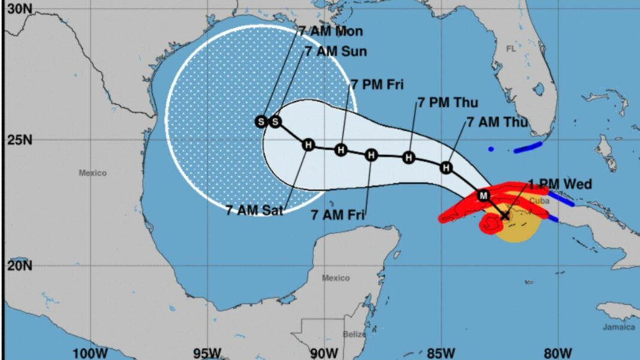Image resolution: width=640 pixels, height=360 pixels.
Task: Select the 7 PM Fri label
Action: coord(378,84)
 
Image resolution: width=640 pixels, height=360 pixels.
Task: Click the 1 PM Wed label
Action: coord(560,184)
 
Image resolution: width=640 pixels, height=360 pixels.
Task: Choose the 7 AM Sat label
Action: coord(255,210)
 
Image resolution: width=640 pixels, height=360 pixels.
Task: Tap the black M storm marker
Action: coord(484,195)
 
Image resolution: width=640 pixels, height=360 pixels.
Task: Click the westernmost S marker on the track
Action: coord(261,122)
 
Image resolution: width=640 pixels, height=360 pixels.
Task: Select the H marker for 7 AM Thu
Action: coord(446,167)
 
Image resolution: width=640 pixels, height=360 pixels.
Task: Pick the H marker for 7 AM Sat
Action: coord(308,144)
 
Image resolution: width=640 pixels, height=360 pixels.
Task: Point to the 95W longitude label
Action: coord(206,353)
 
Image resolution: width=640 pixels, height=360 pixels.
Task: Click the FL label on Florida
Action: coord(511,49)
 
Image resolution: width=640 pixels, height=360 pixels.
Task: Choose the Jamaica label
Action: coord(619,327)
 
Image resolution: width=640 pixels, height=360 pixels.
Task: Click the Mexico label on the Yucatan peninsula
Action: coord(336,278)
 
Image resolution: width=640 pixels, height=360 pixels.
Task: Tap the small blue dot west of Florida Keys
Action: coord(491,149)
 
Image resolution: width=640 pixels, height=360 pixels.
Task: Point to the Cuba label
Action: coord(539,201)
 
